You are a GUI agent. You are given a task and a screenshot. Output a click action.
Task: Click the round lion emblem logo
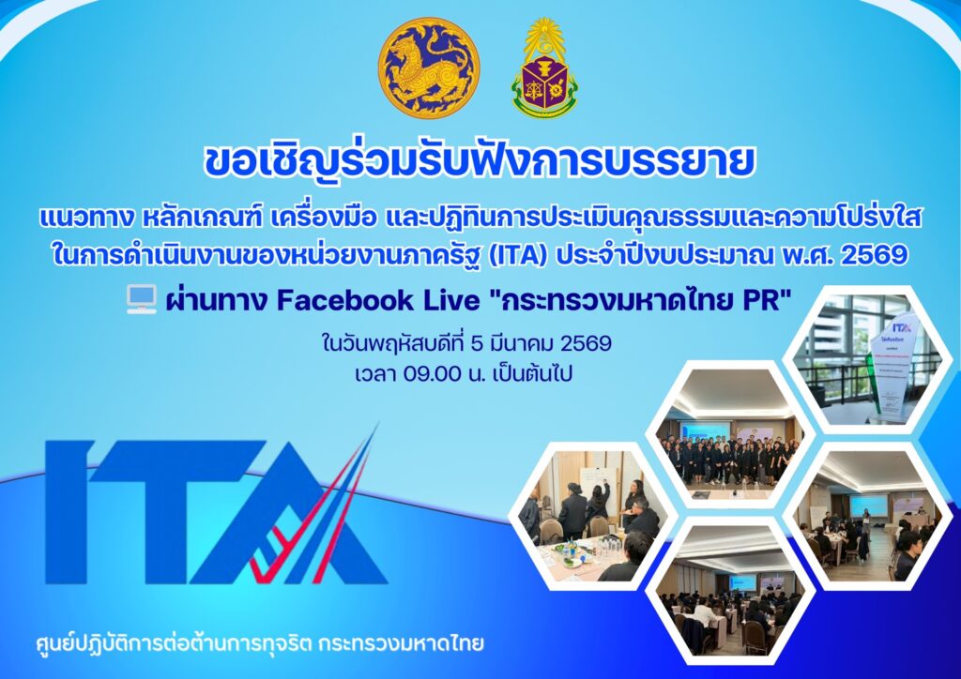429,68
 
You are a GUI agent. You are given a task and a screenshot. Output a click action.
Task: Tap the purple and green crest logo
544,68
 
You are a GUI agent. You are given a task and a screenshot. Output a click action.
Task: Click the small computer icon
142,300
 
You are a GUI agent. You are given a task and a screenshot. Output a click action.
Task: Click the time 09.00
432,373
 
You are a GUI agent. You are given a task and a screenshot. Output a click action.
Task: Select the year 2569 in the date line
586,343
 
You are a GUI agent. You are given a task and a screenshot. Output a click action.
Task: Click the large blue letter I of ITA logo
69,512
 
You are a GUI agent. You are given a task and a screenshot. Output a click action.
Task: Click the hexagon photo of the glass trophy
868,360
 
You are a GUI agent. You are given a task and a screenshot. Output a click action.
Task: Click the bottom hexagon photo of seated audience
730,591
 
